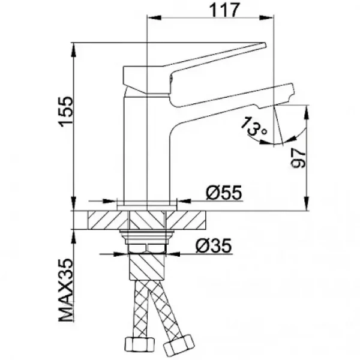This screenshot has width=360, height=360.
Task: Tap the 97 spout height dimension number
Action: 298,158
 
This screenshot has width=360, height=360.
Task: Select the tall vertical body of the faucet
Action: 147,150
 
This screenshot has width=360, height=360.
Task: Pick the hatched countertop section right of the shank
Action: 189,219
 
